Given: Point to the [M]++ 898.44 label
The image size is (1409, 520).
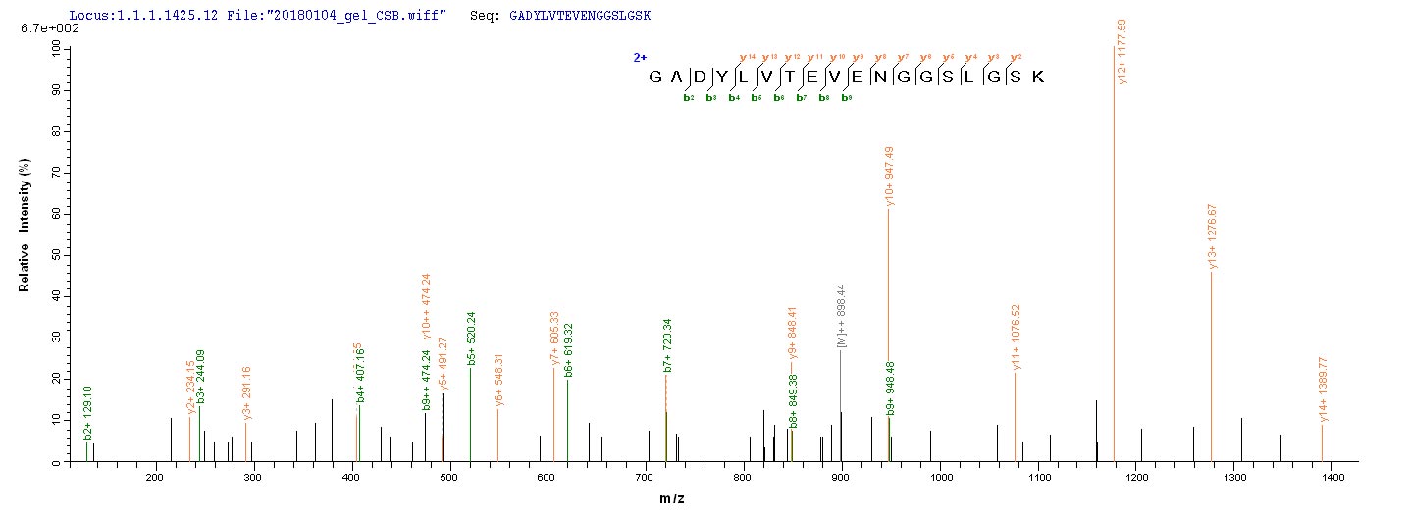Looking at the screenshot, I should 842,316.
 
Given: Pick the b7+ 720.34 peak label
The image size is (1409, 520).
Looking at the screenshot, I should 667,345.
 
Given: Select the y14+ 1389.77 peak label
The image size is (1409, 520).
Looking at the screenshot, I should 1323,390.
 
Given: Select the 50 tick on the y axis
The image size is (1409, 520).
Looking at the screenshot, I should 55,255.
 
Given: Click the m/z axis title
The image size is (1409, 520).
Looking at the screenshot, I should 672,500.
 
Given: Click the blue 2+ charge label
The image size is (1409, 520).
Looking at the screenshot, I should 640,58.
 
